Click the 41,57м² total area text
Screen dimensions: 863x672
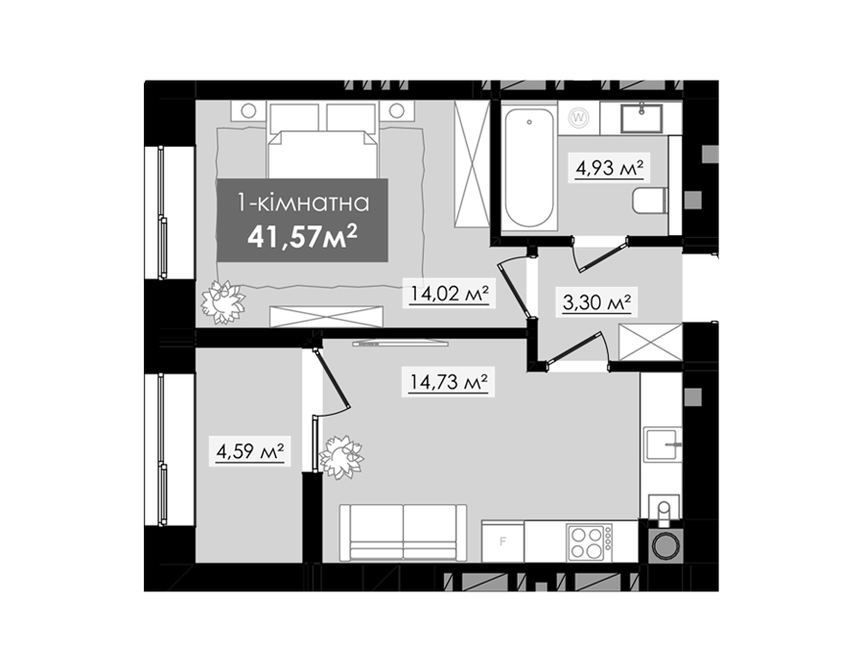pos(303,237)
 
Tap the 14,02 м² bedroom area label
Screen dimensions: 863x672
pos(450,293)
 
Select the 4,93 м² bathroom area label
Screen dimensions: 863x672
pos(610,167)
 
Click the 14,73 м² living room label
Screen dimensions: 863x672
pos(449,382)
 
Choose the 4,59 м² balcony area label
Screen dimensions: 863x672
pos(250,452)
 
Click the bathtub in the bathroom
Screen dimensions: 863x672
pos(528,167)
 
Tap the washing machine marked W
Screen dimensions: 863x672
pos(578,117)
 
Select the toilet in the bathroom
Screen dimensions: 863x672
pos(650,201)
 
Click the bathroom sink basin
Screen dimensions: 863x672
pos(641,118)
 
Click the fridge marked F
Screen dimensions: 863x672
pos(503,541)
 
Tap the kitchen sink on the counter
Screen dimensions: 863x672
pos(664,444)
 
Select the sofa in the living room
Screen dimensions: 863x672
pos(403,533)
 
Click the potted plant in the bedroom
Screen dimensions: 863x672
pos(222,301)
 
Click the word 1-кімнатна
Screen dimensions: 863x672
pos(303,204)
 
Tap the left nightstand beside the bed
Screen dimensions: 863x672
pos(248,110)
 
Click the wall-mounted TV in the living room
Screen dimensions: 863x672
pos(400,344)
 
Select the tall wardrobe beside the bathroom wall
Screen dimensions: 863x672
pos(472,163)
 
